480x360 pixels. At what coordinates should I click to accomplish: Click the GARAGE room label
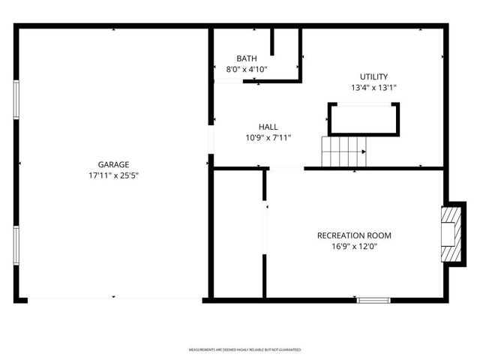(x=113, y=164)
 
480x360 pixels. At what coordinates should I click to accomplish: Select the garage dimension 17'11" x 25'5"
(x=113, y=176)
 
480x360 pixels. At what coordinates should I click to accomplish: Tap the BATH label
(x=247, y=58)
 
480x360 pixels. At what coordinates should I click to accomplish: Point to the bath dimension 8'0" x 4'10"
(x=247, y=70)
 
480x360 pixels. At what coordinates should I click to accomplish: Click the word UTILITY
(x=373, y=76)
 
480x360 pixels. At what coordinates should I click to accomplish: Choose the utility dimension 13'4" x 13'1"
(x=373, y=88)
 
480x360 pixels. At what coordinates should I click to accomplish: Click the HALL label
(x=268, y=126)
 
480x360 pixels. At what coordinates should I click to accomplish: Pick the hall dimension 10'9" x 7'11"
(x=268, y=137)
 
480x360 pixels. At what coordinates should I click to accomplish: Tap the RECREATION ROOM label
(x=354, y=235)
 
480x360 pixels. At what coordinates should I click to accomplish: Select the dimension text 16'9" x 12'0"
(x=354, y=247)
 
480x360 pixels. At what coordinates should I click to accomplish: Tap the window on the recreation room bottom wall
(x=373, y=300)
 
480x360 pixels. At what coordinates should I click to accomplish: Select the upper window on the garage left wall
(x=16, y=98)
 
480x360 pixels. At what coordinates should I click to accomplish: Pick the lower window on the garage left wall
(x=16, y=245)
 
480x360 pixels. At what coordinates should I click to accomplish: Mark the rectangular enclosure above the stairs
(x=364, y=119)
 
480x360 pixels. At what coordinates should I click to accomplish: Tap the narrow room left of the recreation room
(x=238, y=234)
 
